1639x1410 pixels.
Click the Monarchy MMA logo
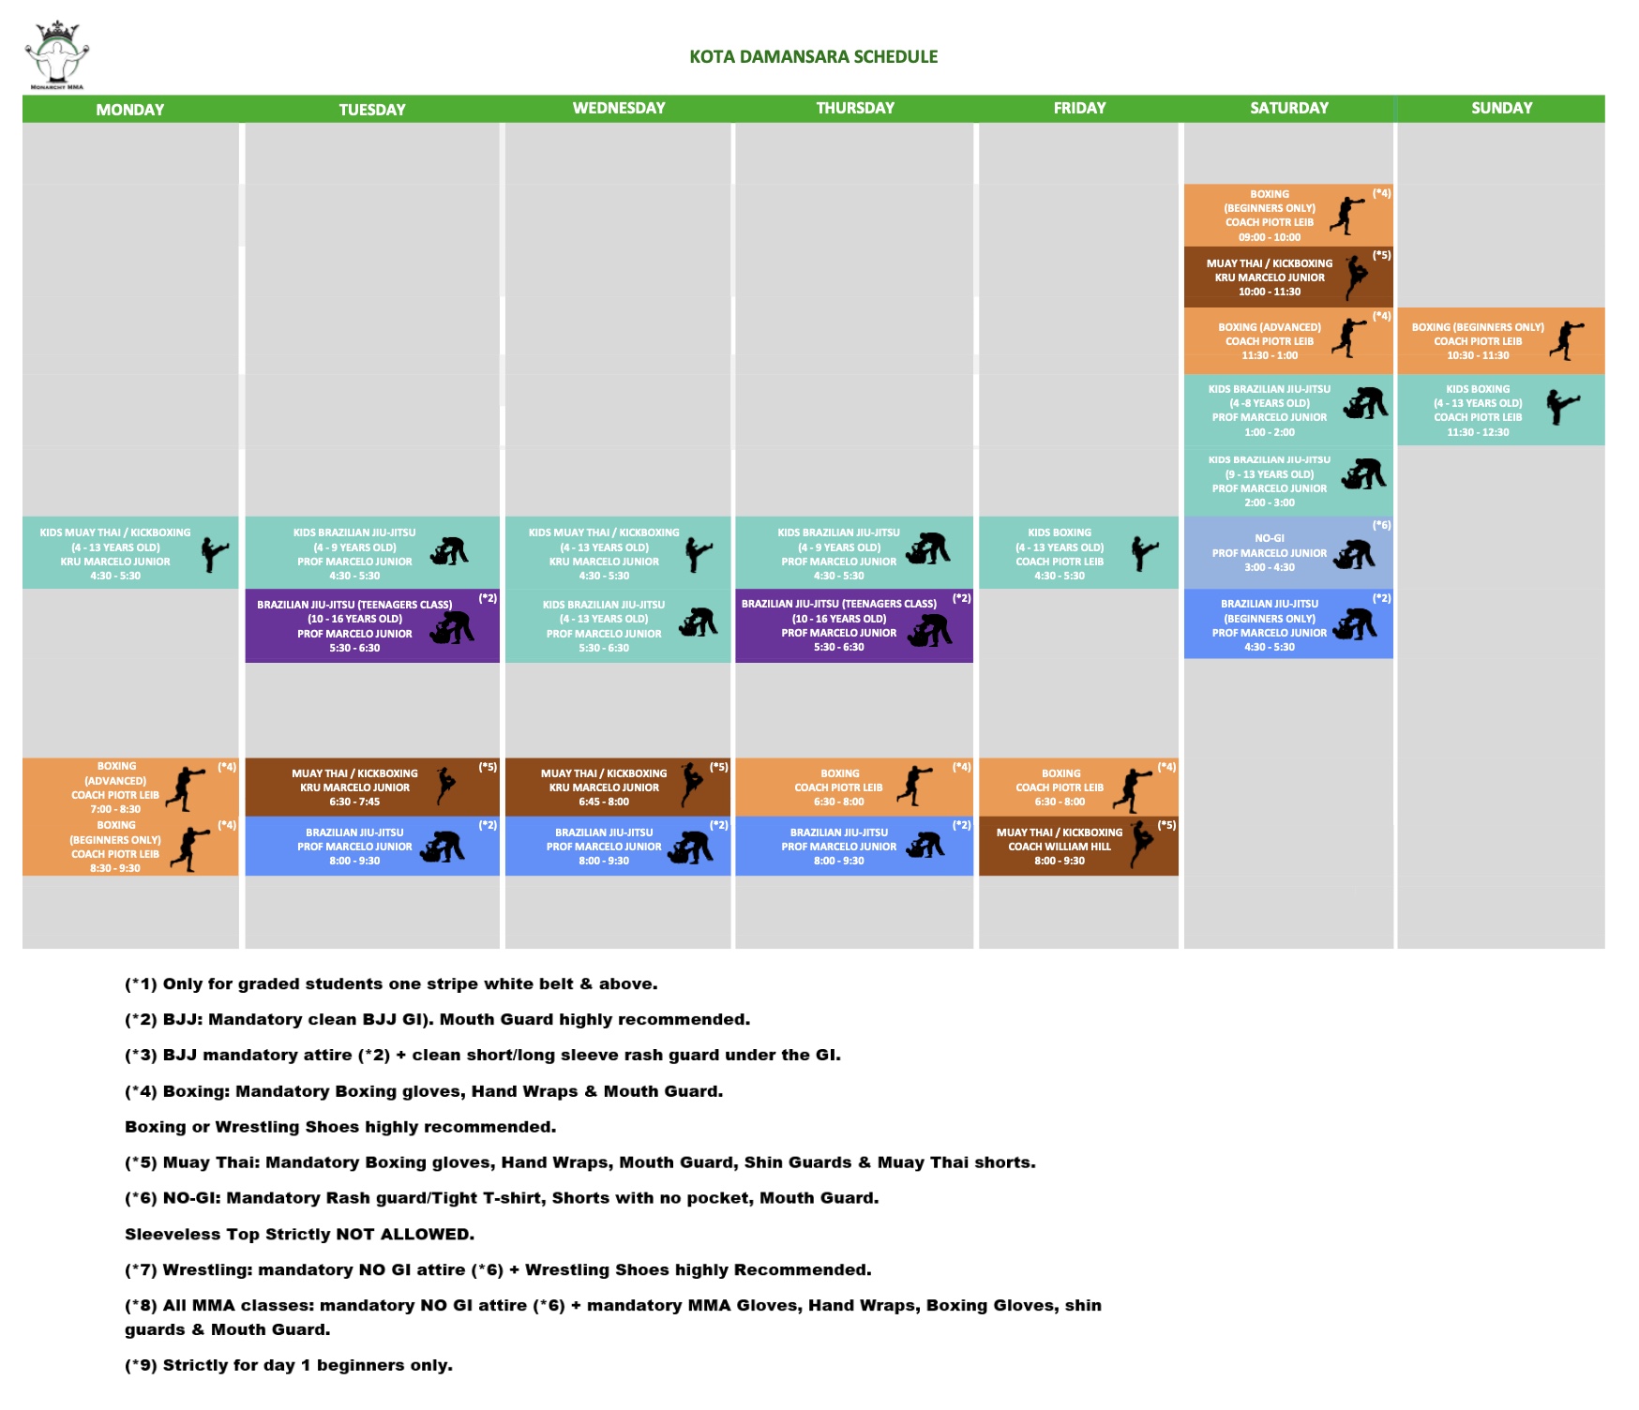[x=56, y=55]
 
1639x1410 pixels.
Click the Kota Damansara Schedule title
[x=813, y=56]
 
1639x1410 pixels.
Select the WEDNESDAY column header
[x=619, y=108]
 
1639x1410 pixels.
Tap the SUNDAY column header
[x=1501, y=108]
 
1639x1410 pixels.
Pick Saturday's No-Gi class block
[x=1287, y=553]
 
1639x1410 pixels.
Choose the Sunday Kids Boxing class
[x=1500, y=411]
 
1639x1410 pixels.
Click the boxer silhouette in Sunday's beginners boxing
[x=1567, y=340]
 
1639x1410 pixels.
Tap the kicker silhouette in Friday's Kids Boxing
[x=1144, y=553]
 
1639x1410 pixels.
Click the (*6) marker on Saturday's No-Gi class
[x=1381, y=525]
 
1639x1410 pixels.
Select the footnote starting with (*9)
[x=289, y=1365]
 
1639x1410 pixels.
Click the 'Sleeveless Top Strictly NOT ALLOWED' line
[x=299, y=1234]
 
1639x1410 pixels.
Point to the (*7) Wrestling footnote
[x=498, y=1269]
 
